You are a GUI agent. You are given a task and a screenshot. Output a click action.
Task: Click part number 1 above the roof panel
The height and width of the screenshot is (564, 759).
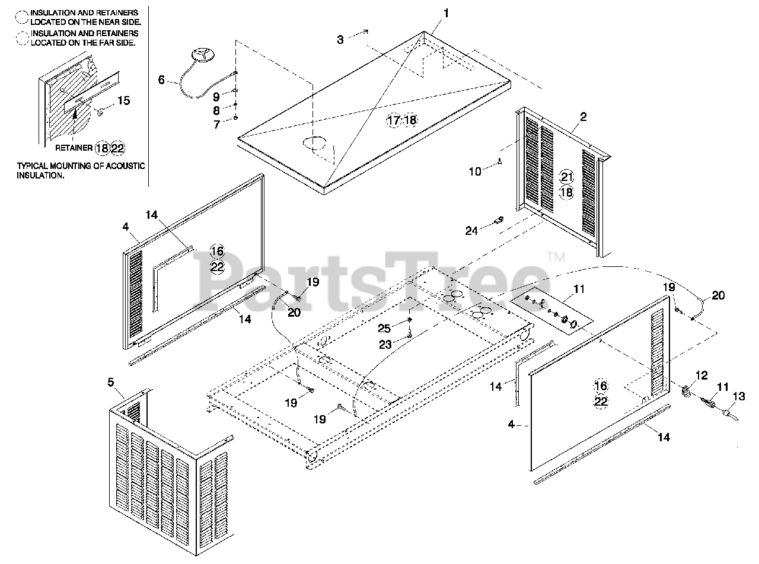[446, 12]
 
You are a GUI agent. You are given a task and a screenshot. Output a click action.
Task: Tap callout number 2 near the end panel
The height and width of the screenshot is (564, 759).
[583, 117]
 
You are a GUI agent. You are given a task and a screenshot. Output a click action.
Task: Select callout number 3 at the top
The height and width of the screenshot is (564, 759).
[340, 40]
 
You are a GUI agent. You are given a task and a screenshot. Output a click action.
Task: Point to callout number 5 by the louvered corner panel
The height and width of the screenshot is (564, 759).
[111, 382]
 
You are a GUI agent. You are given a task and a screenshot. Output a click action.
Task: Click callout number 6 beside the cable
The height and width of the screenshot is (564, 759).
[162, 79]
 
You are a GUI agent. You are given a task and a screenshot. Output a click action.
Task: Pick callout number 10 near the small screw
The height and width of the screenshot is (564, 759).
[474, 171]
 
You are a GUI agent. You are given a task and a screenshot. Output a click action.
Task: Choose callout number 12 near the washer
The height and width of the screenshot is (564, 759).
[701, 375]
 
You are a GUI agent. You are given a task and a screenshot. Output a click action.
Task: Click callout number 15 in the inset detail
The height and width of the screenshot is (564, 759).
[123, 100]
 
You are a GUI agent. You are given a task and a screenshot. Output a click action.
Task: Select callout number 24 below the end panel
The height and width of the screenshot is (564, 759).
[471, 231]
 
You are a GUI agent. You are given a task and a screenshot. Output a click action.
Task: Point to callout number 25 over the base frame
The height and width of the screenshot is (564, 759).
[384, 328]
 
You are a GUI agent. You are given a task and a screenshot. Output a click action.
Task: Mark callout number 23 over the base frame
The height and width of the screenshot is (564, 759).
[384, 343]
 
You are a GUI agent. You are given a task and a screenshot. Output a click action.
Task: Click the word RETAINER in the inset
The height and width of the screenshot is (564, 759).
[73, 148]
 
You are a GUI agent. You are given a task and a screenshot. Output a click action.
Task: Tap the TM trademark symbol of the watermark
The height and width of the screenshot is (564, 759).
[556, 257]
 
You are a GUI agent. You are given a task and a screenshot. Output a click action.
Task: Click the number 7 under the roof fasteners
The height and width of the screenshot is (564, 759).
[216, 125]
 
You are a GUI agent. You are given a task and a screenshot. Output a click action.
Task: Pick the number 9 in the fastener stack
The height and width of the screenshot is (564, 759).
[216, 96]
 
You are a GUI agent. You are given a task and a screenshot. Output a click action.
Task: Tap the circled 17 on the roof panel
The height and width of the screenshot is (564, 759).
[394, 120]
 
